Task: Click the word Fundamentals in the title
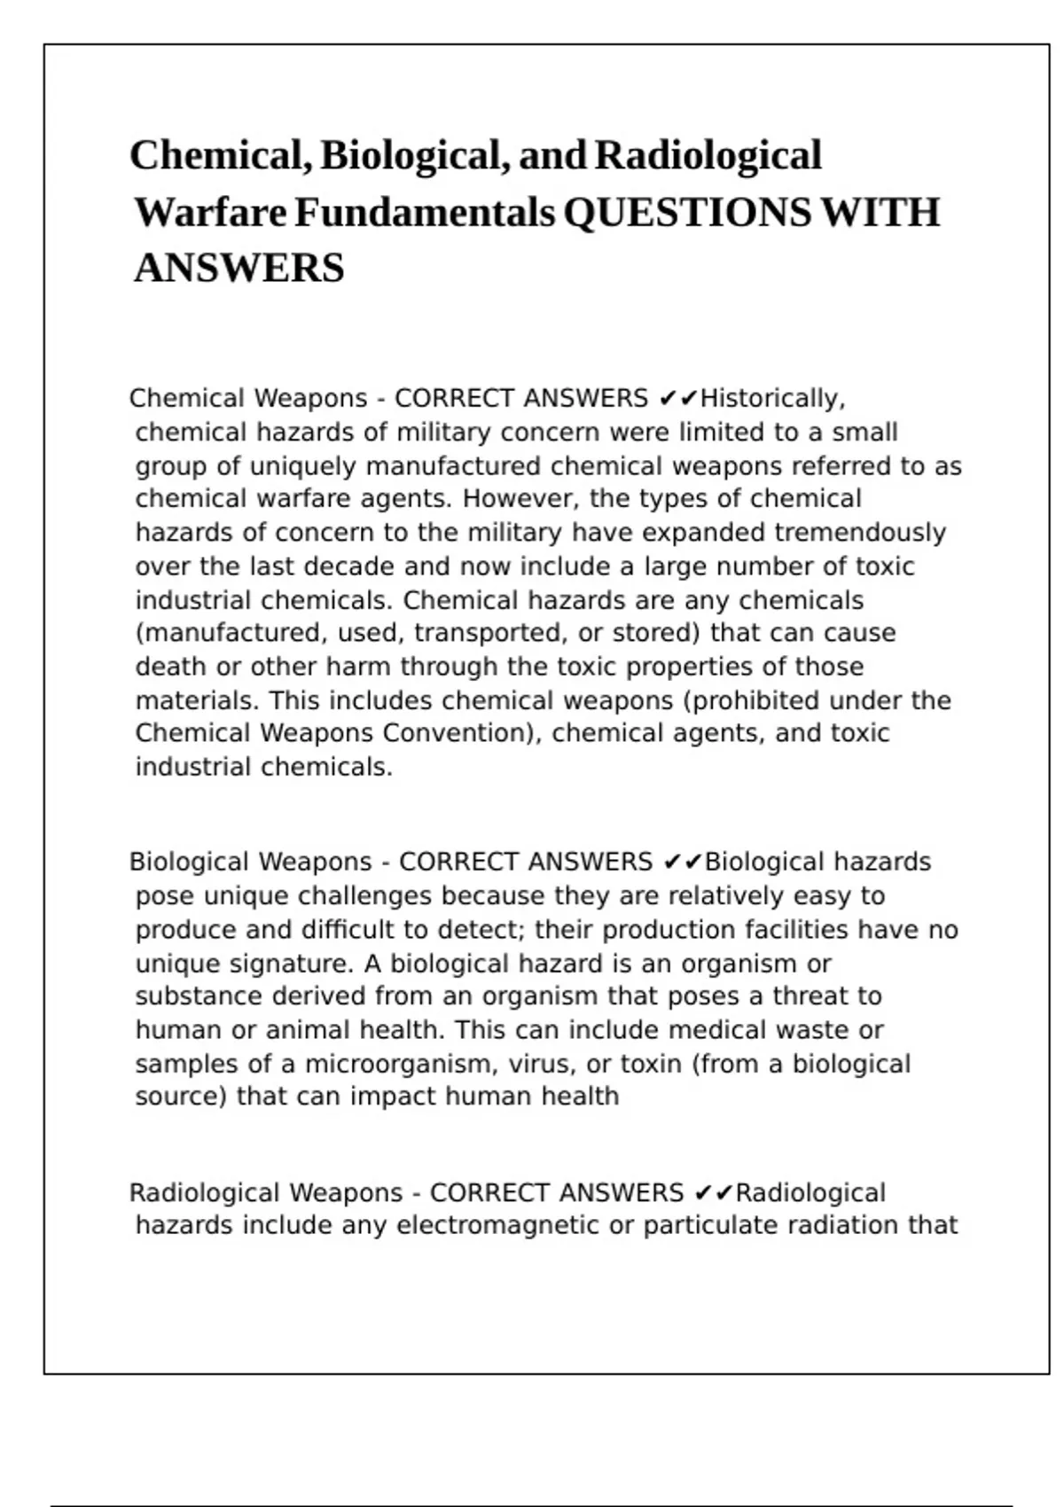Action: (425, 213)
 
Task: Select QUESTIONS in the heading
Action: (686, 213)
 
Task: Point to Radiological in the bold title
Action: (708, 156)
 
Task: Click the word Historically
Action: (771, 399)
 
